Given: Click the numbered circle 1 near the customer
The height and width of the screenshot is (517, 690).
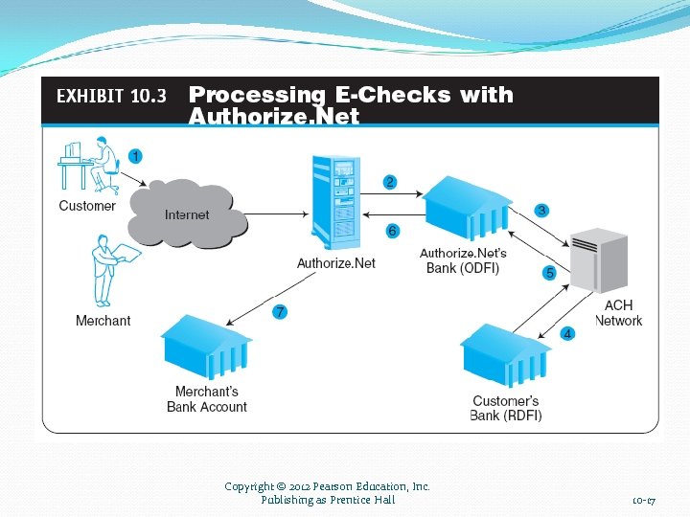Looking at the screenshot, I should click(x=135, y=155).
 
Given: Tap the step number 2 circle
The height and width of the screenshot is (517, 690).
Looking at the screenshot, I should click(x=390, y=182).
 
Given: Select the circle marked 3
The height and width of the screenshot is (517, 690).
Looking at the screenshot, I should click(x=541, y=210).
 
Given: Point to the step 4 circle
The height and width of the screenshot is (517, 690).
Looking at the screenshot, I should click(x=567, y=334).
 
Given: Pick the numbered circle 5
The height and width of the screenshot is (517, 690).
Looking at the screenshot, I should click(x=549, y=273).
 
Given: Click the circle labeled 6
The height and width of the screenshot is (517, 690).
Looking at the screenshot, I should click(x=392, y=231).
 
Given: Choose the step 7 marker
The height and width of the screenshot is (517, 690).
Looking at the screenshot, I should click(x=280, y=312).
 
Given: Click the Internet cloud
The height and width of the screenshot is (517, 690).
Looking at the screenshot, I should click(x=187, y=213).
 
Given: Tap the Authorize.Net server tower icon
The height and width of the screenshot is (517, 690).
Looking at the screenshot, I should click(x=334, y=204).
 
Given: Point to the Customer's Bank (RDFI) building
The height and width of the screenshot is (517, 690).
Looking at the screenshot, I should click(x=505, y=355).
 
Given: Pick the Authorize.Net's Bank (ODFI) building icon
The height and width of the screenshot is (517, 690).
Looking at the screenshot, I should click(x=468, y=208).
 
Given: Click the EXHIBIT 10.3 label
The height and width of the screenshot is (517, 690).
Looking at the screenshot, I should click(x=111, y=96).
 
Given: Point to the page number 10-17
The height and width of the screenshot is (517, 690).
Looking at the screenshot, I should click(x=643, y=501).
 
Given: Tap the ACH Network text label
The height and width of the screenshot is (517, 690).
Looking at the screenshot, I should click(x=618, y=313).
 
